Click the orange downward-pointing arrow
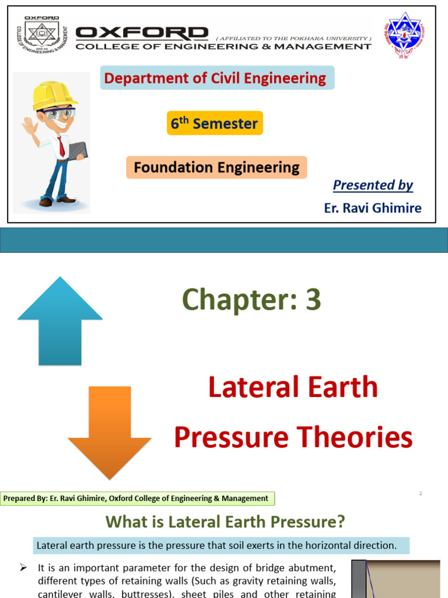tap(110, 432)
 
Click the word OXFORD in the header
tap(142, 33)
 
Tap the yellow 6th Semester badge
tap(215, 123)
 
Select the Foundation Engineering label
tap(216, 168)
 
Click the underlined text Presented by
tap(373, 185)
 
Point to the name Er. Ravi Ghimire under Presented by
tap(372, 208)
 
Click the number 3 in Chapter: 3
tap(313, 300)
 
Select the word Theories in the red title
tap(361, 437)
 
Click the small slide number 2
tap(420, 494)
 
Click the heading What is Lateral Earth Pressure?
tap(225, 521)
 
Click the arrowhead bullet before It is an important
tap(24, 567)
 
